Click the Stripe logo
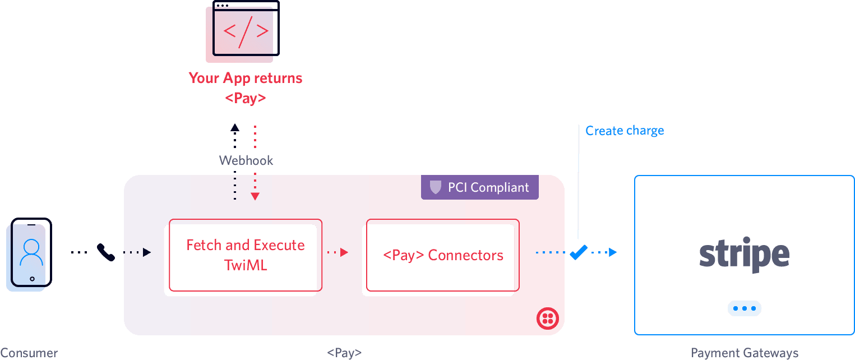pos(744,255)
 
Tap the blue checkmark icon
pos(578,252)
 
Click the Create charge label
pos(625,131)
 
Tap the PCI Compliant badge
pos(480,187)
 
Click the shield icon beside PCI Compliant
pos(435,187)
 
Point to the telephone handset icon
pos(106,252)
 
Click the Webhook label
pos(246,160)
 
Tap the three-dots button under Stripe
pos(744,308)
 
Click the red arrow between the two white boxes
pos(344,252)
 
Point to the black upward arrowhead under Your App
pos(235,128)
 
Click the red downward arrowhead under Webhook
pos(255,196)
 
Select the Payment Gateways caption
pos(744,353)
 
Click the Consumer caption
pos(29,353)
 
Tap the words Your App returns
pos(246,78)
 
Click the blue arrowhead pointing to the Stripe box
pos(612,252)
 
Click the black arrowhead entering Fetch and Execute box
pos(147,252)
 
